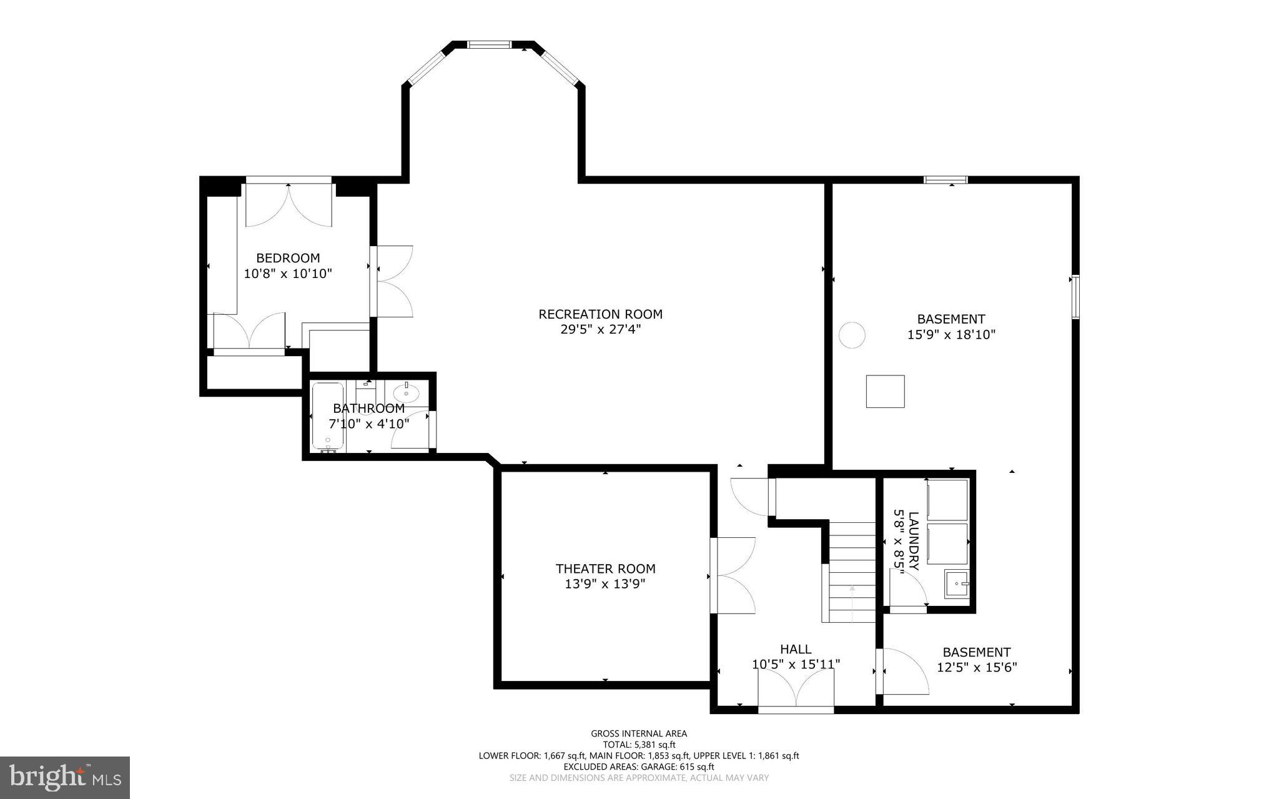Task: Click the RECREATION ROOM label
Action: tap(600, 314)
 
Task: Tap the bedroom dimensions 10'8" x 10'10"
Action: tap(287, 274)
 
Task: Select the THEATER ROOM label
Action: tap(605, 568)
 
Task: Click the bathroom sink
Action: tap(406, 393)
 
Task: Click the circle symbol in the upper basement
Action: tap(851, 335)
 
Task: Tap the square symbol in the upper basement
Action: tap(885, 392)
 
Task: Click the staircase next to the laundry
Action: tap(851, 572)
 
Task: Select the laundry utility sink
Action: tap(957, 584)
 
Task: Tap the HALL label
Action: tap(796, 649)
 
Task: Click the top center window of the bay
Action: tap(490, 44)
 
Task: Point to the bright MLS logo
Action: tap(65, 777)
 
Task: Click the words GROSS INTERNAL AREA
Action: tap(639, 734)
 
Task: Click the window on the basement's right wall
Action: tap(1075, 297)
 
